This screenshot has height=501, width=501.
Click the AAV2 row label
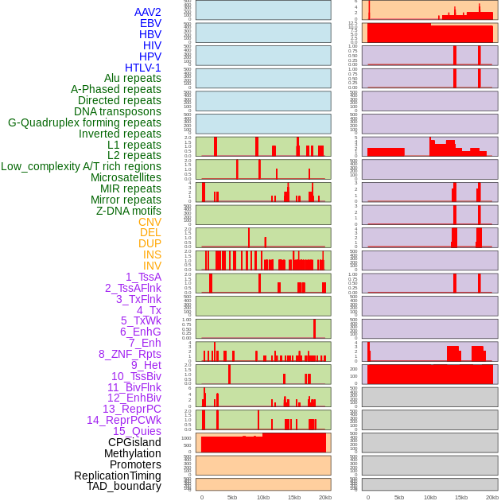[x=148, y=12]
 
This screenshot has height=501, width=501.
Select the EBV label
[x=150, y=23]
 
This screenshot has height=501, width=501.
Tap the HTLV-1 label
[x=143, y=68]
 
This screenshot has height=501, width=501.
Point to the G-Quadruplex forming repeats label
[x=84, y=122]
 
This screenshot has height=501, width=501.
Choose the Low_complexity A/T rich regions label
[x=81, y=166]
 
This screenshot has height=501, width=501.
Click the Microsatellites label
[x=126, y=177]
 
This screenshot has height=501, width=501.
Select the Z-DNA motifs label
[x=129, y=211]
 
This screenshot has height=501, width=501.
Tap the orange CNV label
[x=150, y=222]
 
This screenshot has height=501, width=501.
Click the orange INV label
[x=152, y=266]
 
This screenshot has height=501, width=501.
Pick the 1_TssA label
[x=143, y=277]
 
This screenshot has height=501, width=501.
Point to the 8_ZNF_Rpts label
[x=130, y=354]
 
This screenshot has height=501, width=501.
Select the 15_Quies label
[x=137, y=431]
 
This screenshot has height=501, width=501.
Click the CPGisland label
[x=134, y=442]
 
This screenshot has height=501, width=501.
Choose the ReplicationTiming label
[x=118, y=476]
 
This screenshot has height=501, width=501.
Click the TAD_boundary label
[x=124, y=486]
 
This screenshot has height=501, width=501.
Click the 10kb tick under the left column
[x=263, y=497]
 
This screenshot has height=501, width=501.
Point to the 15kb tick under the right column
[x=461, y=497]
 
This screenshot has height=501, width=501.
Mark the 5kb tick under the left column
[x=232, y=497]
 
